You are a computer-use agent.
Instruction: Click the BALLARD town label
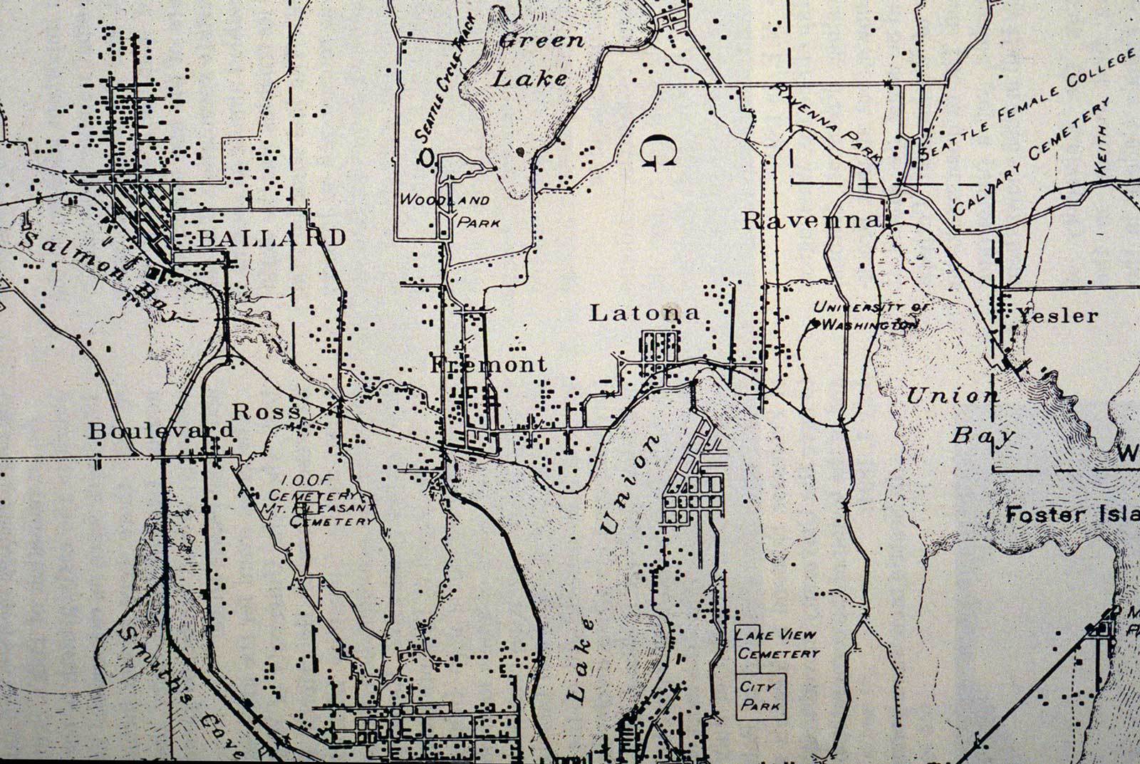click(271, 238)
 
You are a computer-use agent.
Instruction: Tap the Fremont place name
click(489, 365)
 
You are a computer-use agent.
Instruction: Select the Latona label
click(645, 313)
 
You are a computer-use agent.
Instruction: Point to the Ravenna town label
click(811, 220)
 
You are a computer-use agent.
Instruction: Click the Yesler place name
click(1057, 315)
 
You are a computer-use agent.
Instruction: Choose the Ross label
click(260, 412)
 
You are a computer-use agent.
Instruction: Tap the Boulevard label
click(161, 430)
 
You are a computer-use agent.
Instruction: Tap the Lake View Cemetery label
click(777, 644)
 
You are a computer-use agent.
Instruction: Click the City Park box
click(760, 696)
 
